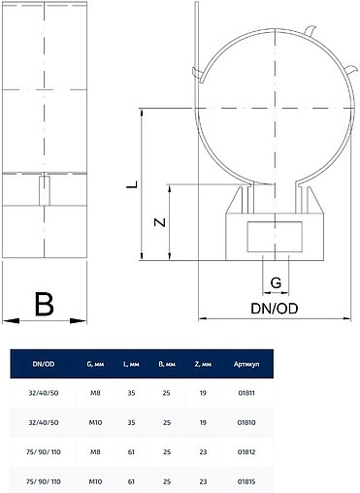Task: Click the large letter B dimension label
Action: pos(45,304)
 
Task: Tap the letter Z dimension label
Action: pos(159,222)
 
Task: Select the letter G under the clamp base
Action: pos(276,282)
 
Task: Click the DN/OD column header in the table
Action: pos(45,364)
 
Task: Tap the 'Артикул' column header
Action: pos(246,364)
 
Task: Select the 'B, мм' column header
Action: pos(167,364)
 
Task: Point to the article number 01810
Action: pos(245,424)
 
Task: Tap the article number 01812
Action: pos(245,452)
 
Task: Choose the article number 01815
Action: pos(245,480)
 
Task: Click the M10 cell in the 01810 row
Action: pos(95,424)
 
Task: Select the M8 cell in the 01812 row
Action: pos(95,452)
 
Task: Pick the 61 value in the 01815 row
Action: pos(131,480)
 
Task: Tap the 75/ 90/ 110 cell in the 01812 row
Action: pos(45,452)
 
